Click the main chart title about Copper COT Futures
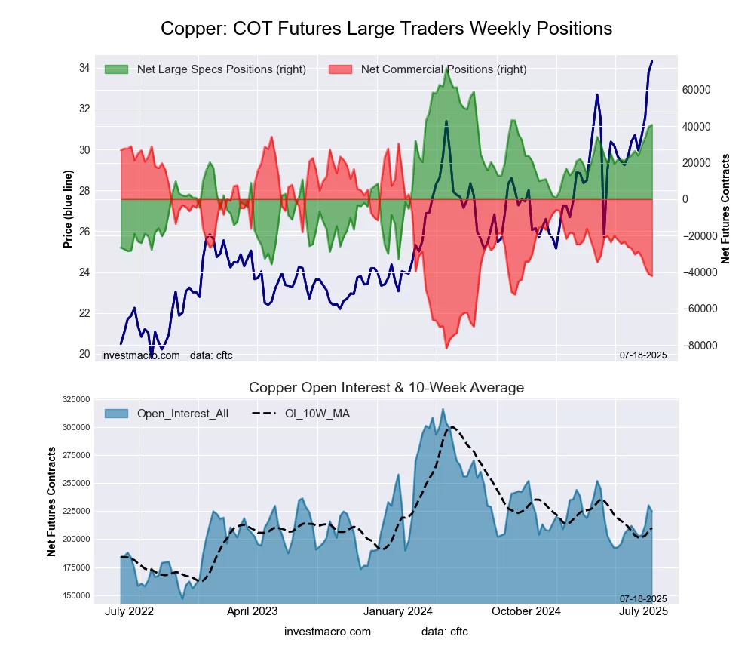[386, 29]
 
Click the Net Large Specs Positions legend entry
[221, 69]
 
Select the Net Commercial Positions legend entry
[443, 69]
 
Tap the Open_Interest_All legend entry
[182, 413]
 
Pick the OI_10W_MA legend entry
[317, 413]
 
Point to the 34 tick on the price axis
[84, 68]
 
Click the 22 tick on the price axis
[84, 313]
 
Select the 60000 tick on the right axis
[697, 90]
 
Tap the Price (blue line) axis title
[69, 209]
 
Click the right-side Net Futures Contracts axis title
[726, 209]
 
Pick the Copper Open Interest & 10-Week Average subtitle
[386, 388]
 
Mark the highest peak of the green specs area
[447, 68]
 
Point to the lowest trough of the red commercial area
[446, 348]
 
